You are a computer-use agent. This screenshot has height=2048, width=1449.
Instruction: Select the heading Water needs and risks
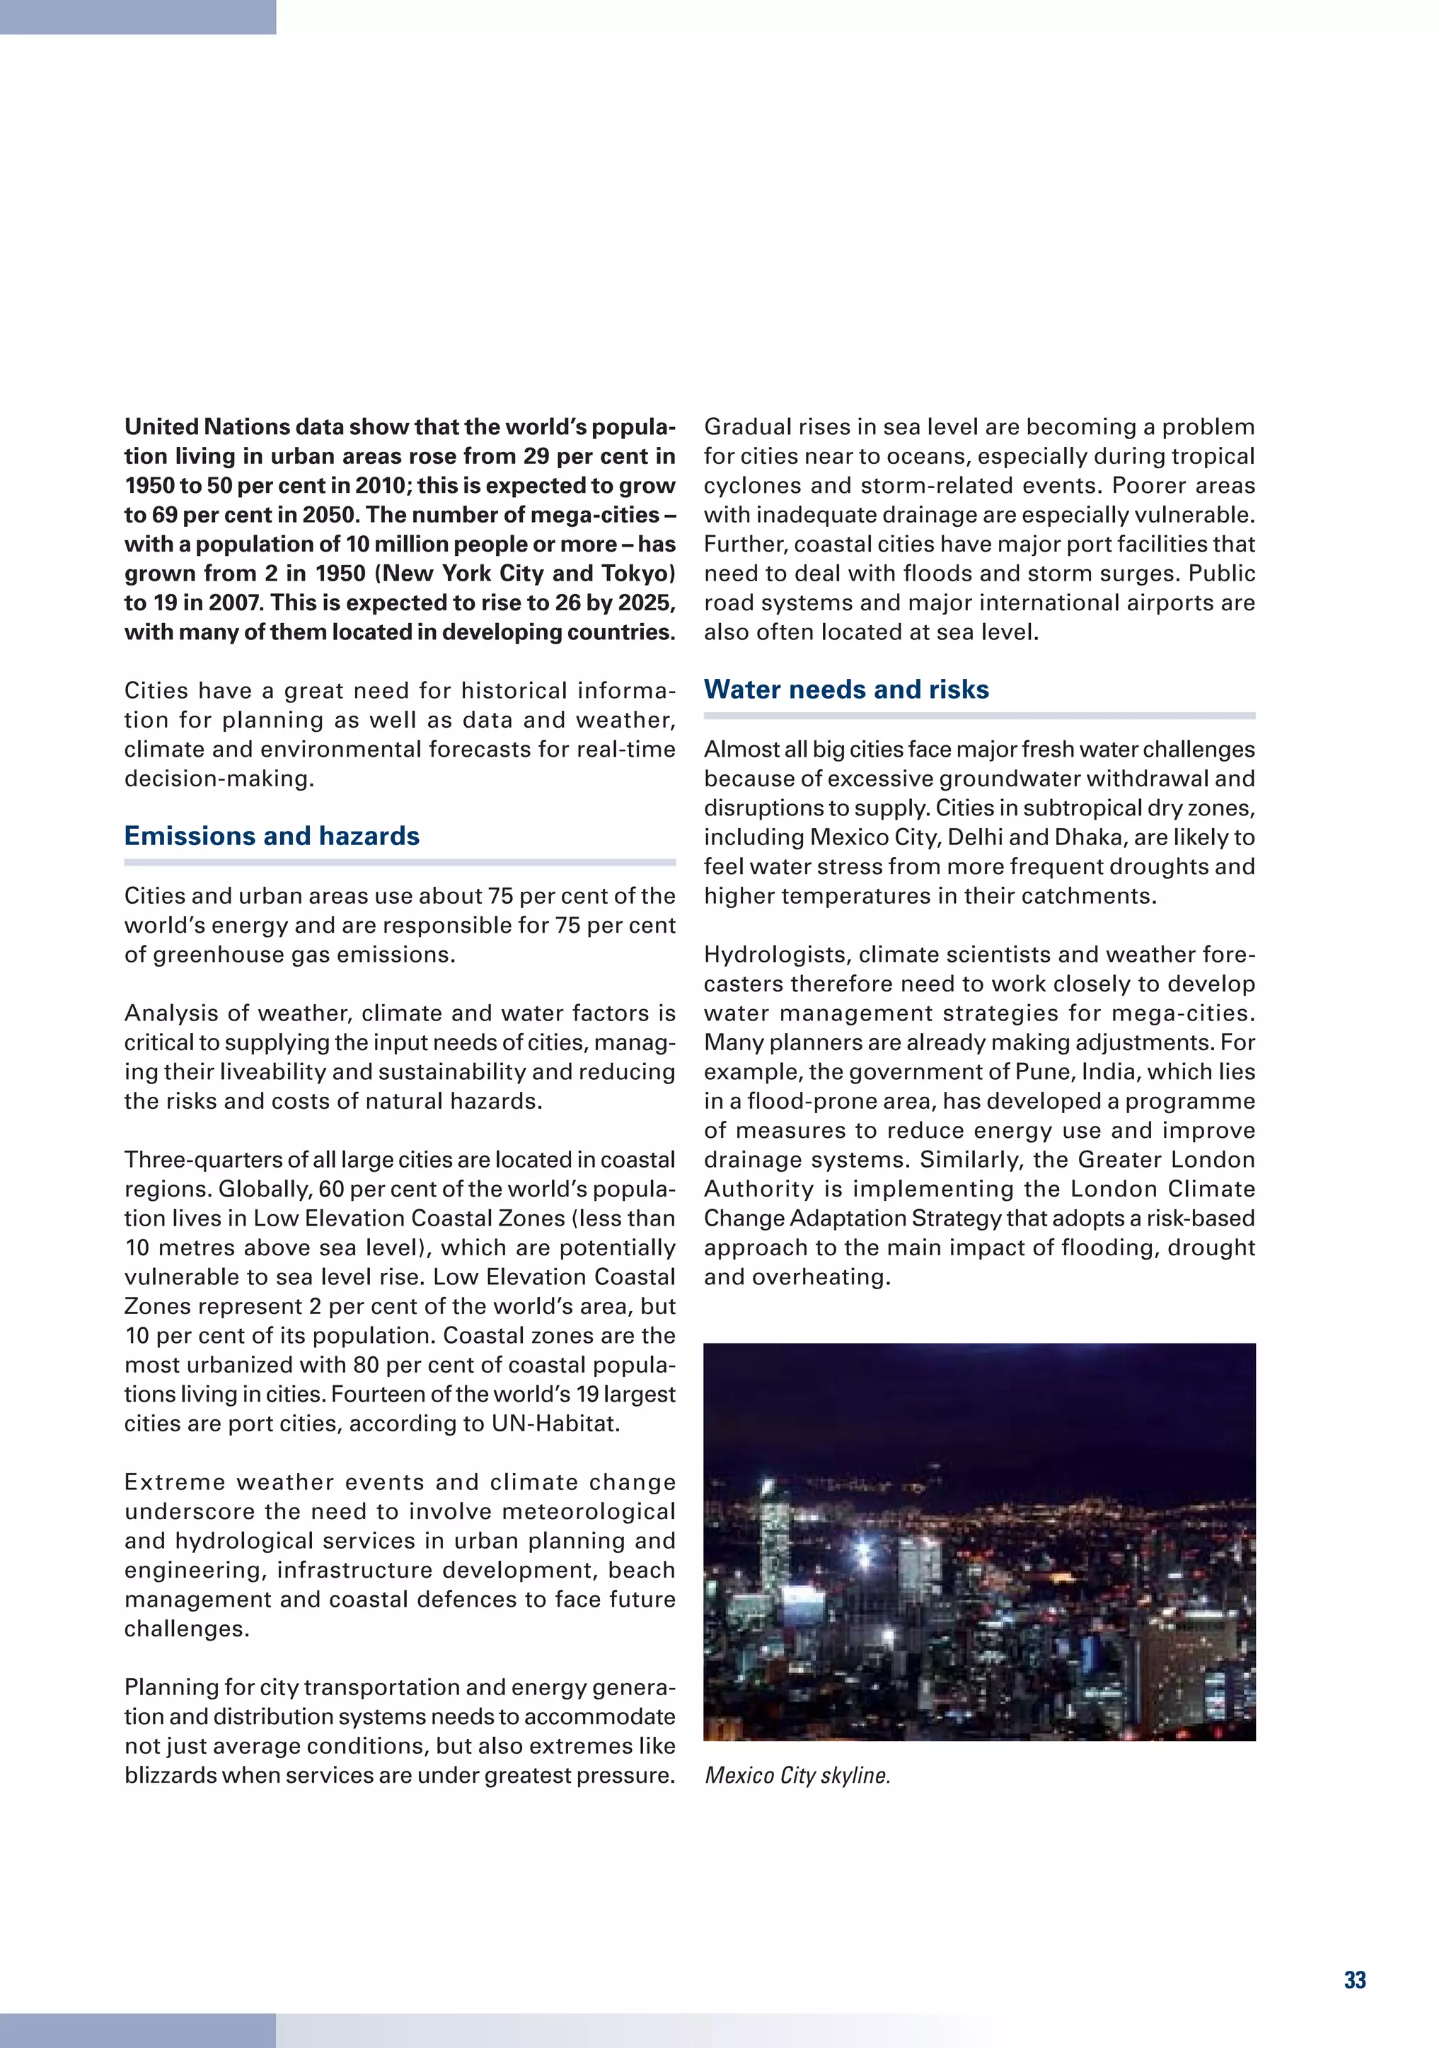click(x=846, y=690)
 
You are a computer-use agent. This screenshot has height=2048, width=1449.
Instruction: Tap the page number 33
click(x=1354, y=1979)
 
